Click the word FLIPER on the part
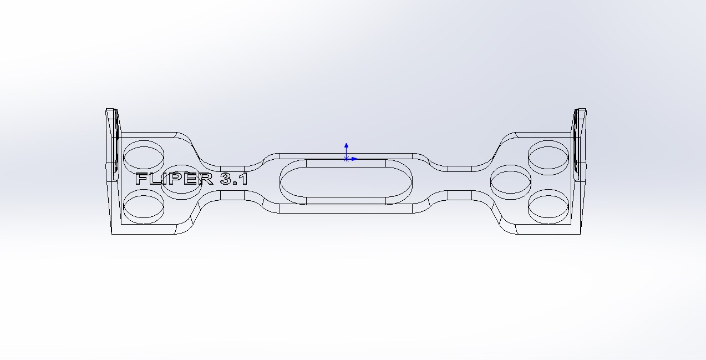pos(174,179)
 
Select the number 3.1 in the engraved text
pos(234,179)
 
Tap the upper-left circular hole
pos(144,155)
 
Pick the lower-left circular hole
pos(144,206)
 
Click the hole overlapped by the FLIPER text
pos(181,182)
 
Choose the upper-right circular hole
pos(548,158)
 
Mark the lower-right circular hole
pos(548,206)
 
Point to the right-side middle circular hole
pos(511,182)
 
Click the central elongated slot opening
pos(346,182)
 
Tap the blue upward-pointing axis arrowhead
pos(347,145)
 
